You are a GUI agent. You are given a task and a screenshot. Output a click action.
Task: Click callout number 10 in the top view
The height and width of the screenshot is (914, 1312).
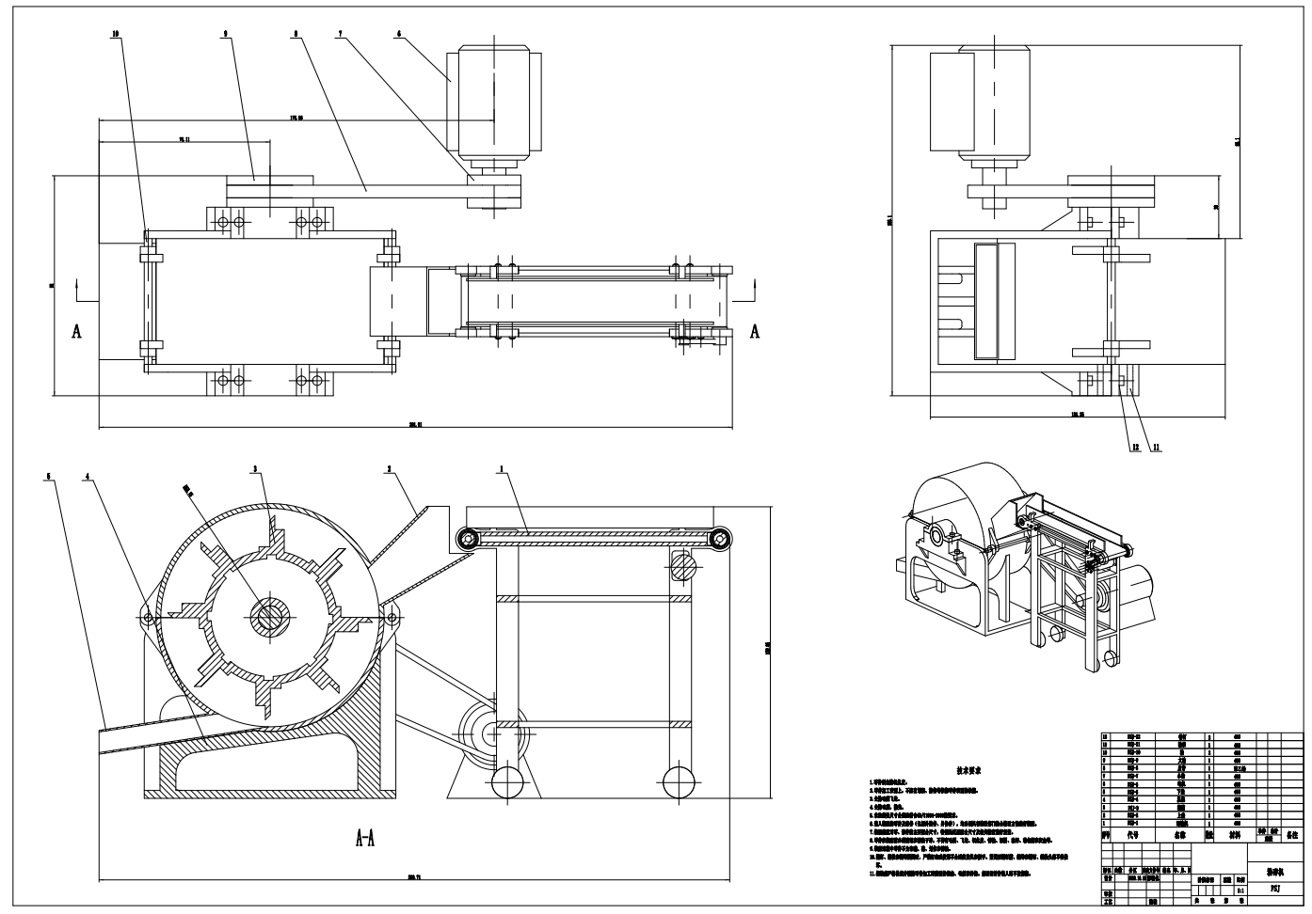pos(115,33)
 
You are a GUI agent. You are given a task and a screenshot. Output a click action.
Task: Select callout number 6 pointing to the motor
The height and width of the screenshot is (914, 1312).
pos(399,33)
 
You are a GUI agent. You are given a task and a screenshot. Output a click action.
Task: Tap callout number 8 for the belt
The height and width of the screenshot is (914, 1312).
pos(296,33)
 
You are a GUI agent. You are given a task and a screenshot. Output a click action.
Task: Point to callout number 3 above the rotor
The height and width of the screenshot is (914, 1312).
pos(254,467)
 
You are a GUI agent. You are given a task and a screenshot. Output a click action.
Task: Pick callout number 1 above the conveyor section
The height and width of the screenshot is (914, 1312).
pos(502,467)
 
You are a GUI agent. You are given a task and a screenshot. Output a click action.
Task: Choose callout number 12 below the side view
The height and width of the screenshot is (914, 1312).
pos(1135,447)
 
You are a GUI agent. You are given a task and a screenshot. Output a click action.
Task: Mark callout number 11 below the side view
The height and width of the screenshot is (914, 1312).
pos(1156,447)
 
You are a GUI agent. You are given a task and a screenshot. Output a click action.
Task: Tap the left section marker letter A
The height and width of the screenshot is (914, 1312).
pos(76,331)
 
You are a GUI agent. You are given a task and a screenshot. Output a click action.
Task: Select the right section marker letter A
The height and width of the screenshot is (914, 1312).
pos(755,331)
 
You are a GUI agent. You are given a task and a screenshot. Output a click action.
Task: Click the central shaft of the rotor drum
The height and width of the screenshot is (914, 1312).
pos(270,615)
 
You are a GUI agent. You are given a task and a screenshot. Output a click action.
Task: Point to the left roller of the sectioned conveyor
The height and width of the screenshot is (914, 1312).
pos(465,539)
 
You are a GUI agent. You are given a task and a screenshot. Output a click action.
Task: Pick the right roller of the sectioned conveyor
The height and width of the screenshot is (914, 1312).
pos(721,539)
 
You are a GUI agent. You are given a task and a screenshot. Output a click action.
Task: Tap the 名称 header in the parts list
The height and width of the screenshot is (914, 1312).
pos(1178,833)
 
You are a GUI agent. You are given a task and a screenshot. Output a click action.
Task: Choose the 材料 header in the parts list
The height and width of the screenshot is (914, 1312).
pos(1233,833)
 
